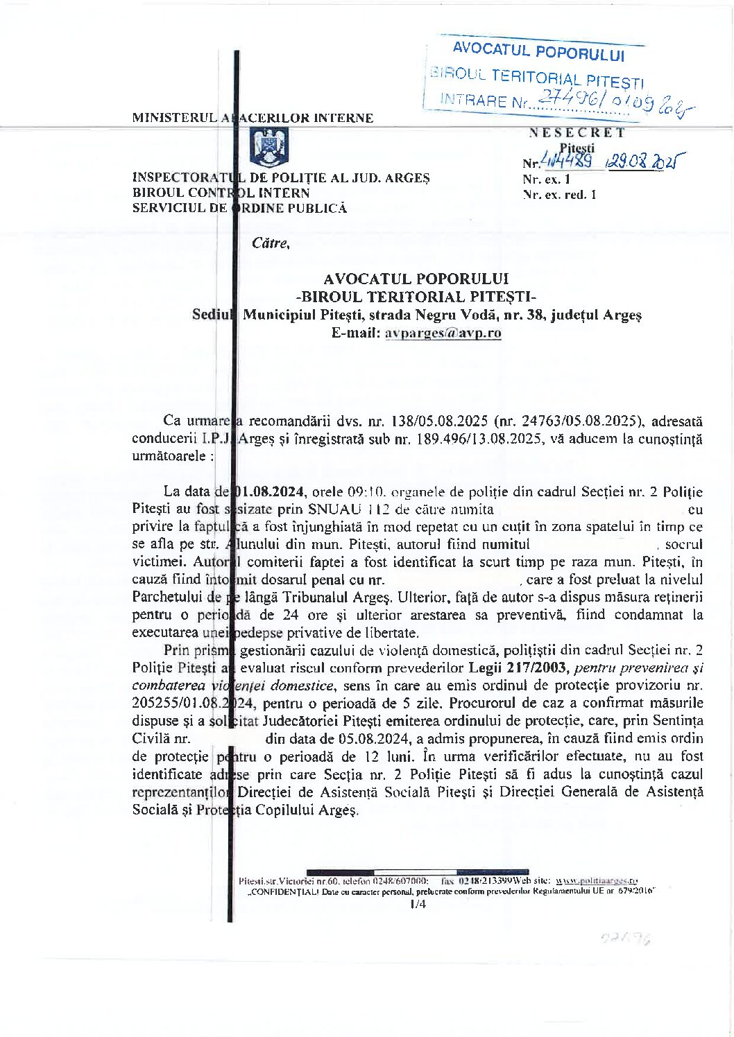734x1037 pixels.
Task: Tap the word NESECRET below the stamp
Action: pyautogui.click(x=577, y=132)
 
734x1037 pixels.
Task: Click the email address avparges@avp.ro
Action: pyautogui.click(x=443, y=333)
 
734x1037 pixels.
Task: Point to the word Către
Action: pyautogui.click(x=271, y=243)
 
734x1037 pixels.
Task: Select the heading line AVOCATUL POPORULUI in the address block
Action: pyautogui.click(x=416, y=279)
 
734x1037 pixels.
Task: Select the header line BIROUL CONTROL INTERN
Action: pyautogui.click(x=221, y=193)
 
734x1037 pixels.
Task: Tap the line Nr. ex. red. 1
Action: pyautogui.click(x=559, y=195)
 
